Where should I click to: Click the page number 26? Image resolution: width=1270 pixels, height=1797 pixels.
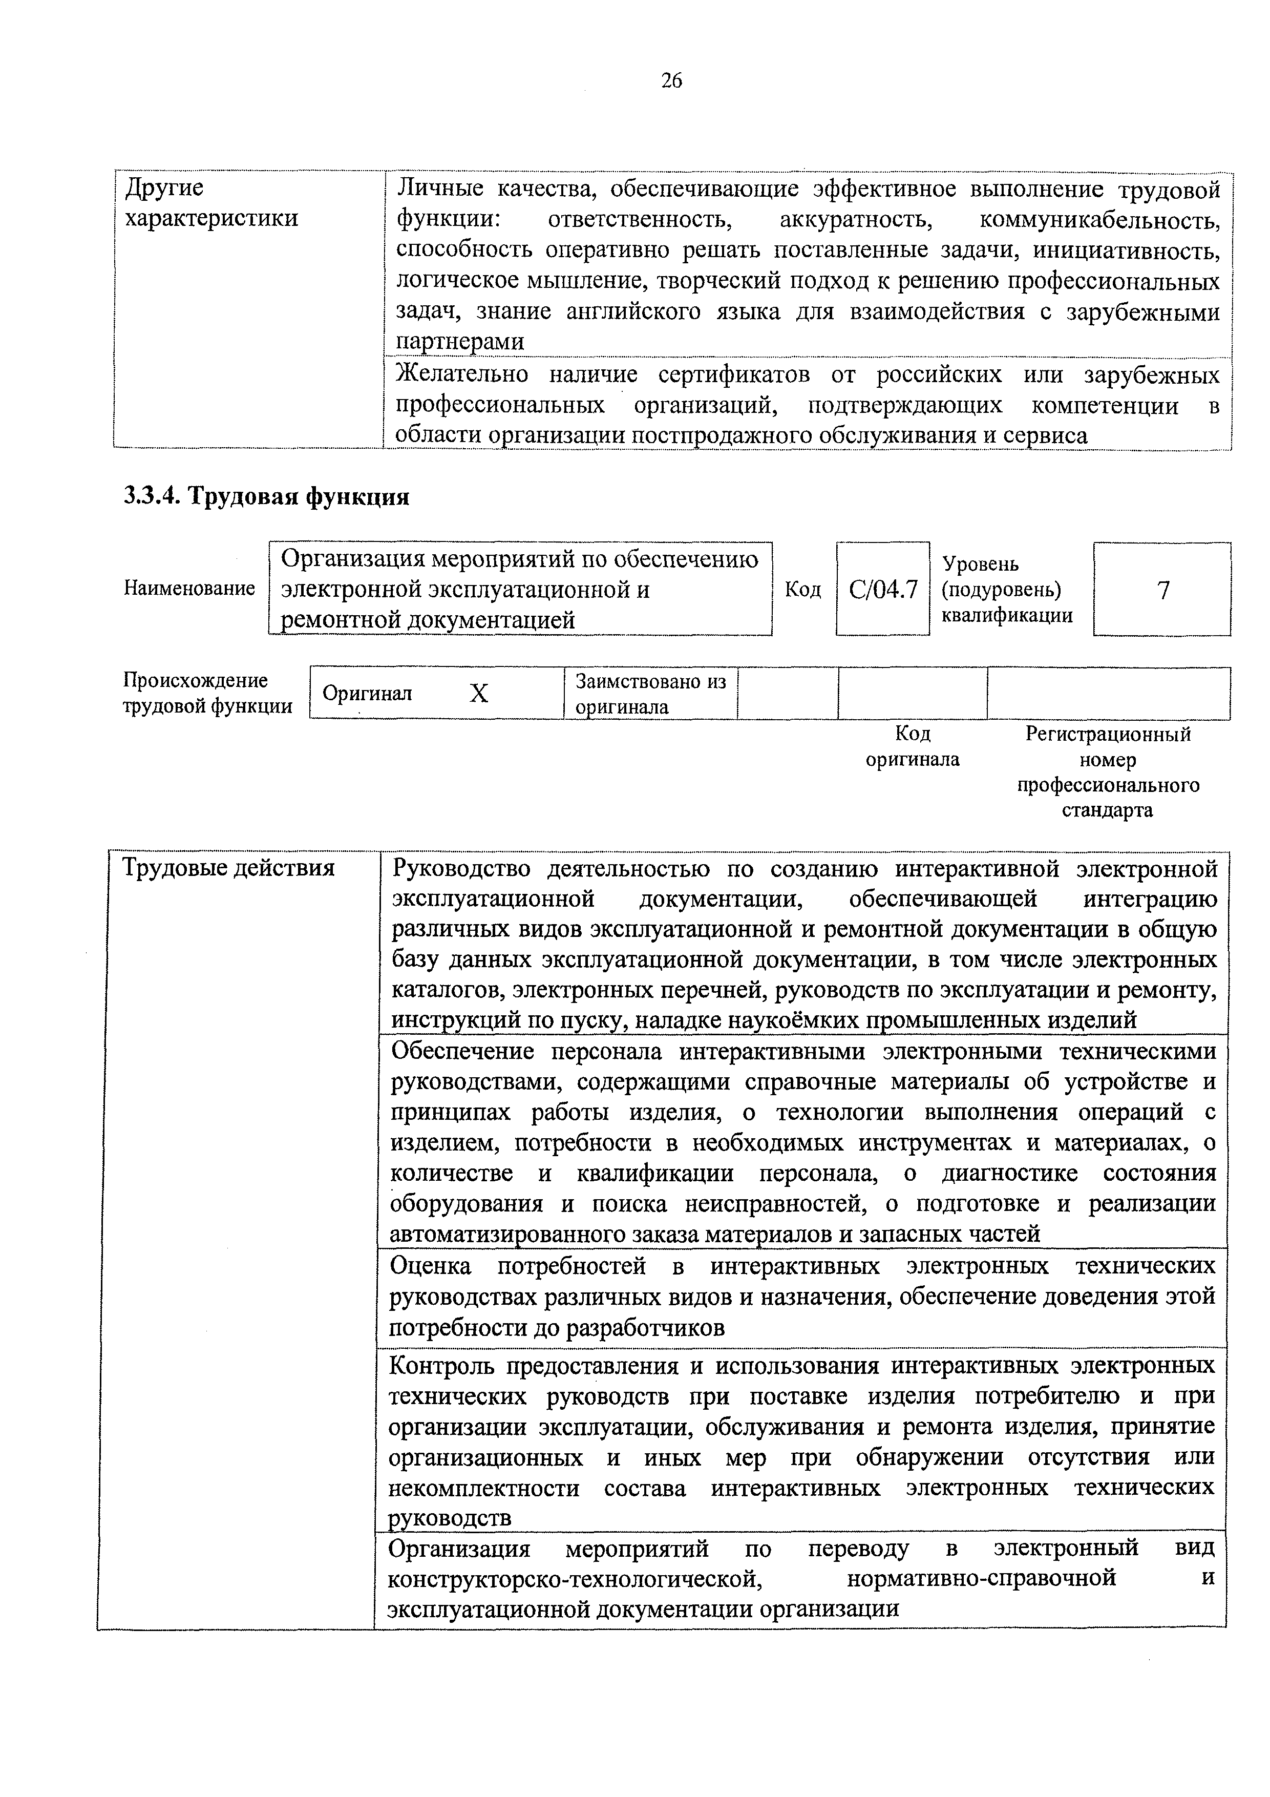click(671, 80)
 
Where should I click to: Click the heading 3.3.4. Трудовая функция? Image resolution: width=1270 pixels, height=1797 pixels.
click(266, 496)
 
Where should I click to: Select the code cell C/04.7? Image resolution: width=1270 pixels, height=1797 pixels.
click(883, 589)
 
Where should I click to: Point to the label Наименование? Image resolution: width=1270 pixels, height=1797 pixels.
click(189, 589)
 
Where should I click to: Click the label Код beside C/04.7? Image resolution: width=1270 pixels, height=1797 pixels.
click(803, 589)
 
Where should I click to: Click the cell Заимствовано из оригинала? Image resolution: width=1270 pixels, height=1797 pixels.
click(651, 694)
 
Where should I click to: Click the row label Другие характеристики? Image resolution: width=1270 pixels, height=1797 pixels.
click(212, 203)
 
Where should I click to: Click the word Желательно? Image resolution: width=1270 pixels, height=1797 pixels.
click(462, 375)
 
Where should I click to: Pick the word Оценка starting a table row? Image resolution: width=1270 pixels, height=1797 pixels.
click(430, 1266)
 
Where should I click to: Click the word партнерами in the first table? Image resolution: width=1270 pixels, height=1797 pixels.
click(460, 342)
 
